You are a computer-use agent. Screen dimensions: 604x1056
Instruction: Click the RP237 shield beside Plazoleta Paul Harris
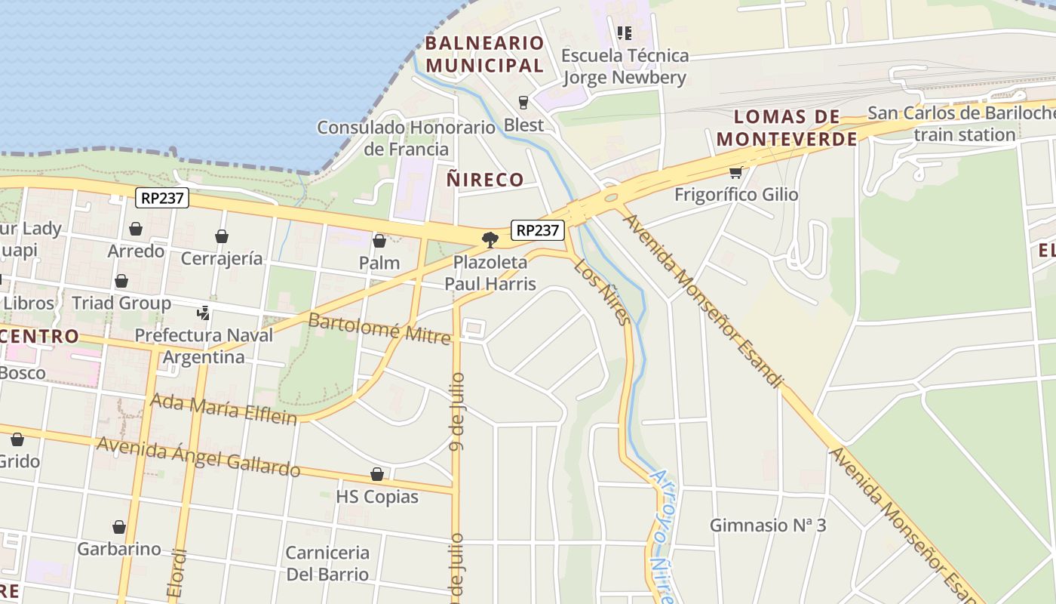click(x=537, y=230)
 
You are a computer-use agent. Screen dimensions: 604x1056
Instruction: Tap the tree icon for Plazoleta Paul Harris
click(x=490, y=240)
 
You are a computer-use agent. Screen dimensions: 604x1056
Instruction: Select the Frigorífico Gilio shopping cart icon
click(x=735, y=172)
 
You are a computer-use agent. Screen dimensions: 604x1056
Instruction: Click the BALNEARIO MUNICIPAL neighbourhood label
click(x=484, y=54)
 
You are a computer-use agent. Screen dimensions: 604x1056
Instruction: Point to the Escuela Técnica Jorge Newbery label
click(x=625, y=66)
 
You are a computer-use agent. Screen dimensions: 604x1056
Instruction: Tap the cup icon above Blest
click(x=523, y=102)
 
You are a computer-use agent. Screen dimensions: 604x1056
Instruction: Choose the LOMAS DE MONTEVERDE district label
click(x=787, y=128)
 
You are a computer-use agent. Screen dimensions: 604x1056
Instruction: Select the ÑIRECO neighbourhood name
click(x=485, y=180)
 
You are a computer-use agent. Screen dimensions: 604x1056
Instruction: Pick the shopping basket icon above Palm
click(x=379, y=241)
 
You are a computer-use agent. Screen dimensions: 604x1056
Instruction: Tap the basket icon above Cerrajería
click(x=222, y=236)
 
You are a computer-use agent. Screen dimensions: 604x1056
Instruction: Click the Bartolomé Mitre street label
click(x=379, y=328)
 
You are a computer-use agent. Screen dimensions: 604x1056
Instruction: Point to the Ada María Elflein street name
click(x=223, y=408)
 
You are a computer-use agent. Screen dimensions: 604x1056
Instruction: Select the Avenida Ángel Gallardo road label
click(x=198, y=456)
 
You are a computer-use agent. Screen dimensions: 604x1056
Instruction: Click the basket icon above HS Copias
click(x=377, y=474)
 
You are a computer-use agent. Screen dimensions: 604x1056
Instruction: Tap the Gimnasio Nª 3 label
click(x=768, y=525)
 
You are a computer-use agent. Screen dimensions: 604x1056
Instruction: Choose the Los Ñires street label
click(x=602, y=293)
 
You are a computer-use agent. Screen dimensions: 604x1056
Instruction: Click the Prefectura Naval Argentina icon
click(x=203, y=312)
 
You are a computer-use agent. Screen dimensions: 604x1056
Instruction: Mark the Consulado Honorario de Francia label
click(x=406, y=137)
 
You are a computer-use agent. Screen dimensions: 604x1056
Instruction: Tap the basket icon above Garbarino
click(x=119, y=527)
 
